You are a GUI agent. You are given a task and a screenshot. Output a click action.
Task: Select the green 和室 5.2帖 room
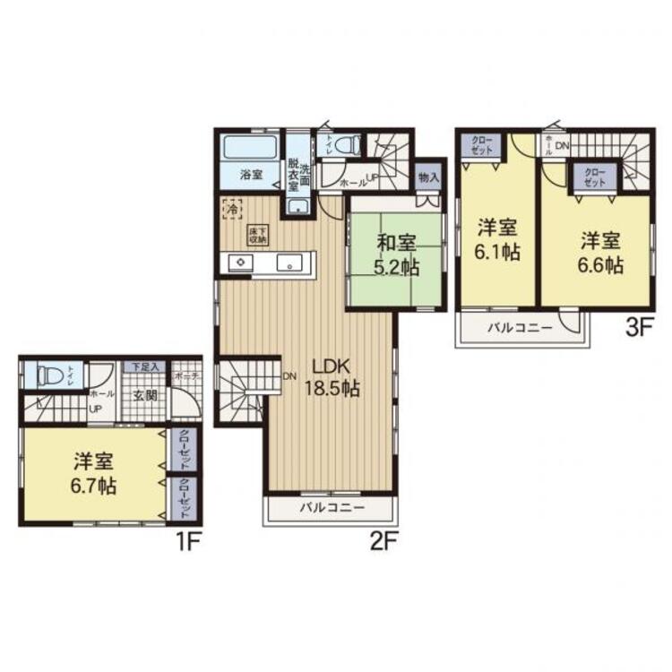396,254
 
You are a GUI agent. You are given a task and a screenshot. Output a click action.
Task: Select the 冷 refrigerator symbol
232,207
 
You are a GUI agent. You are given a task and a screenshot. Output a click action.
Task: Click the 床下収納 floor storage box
258,235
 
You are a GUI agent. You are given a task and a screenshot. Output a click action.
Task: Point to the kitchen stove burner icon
241,263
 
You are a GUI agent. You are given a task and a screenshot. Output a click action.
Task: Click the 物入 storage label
428,177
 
